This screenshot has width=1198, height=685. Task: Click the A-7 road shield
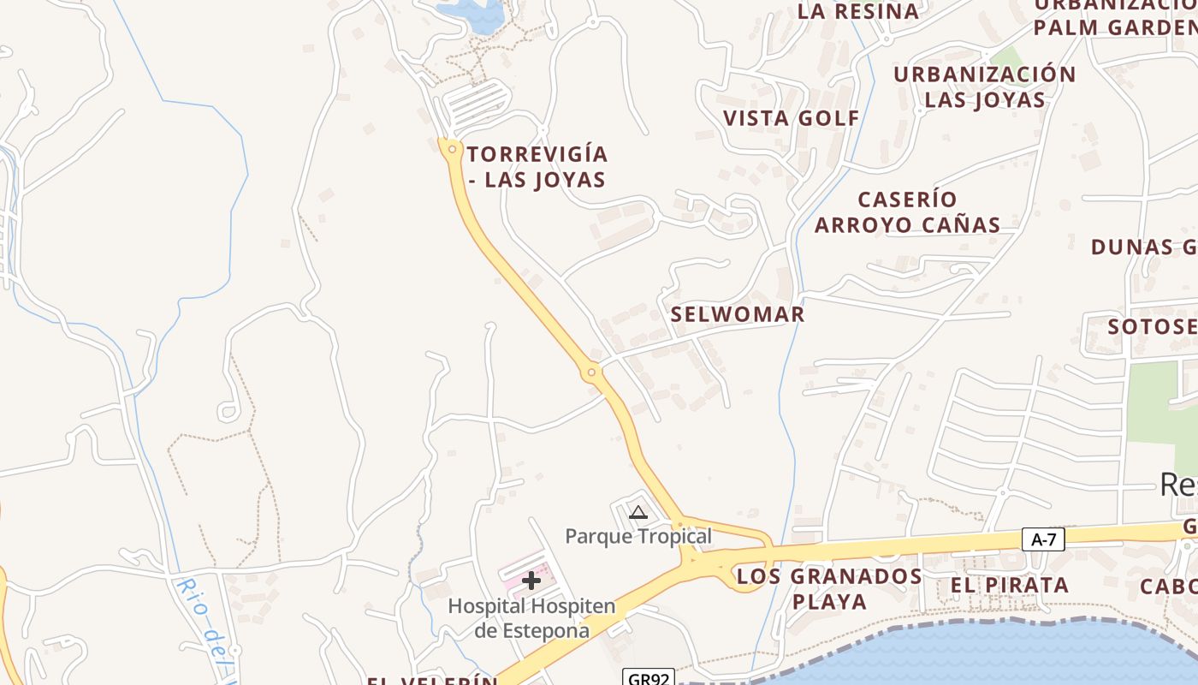1043,539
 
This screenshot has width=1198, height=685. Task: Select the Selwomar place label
738,314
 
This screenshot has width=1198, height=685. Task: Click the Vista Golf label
792,118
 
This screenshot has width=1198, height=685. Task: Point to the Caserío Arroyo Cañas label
907,212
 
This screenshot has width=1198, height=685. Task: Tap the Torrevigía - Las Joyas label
537,167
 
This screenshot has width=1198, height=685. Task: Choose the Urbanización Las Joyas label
985,87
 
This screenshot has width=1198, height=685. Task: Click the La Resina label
858,11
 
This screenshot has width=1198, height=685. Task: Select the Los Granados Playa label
829,587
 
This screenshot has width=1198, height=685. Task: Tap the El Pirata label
1010,586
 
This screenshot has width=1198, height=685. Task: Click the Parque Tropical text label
638,536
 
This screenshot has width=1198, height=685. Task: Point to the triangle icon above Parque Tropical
638,513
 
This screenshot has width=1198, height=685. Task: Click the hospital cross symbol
531,581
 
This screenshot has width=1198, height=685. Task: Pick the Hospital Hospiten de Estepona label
531,618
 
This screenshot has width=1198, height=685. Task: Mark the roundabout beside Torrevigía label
451,149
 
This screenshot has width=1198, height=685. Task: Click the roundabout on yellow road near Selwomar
590,372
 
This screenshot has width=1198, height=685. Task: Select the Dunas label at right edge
1143,247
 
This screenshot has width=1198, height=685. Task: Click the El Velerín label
432,680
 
